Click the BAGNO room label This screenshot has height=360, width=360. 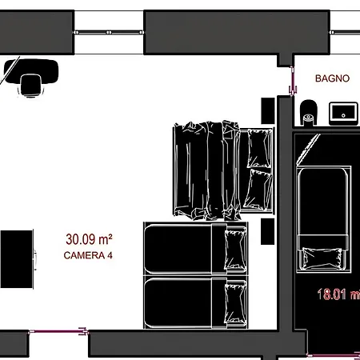(331, 78)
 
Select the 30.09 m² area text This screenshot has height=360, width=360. (89, 238)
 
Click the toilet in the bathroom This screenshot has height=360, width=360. (308, 113)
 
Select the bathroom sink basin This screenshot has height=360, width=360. (344, 112)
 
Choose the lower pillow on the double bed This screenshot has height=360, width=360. (258, 189)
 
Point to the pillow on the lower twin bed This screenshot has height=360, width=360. (236, 303)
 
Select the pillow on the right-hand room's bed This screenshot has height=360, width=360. (324, 258)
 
